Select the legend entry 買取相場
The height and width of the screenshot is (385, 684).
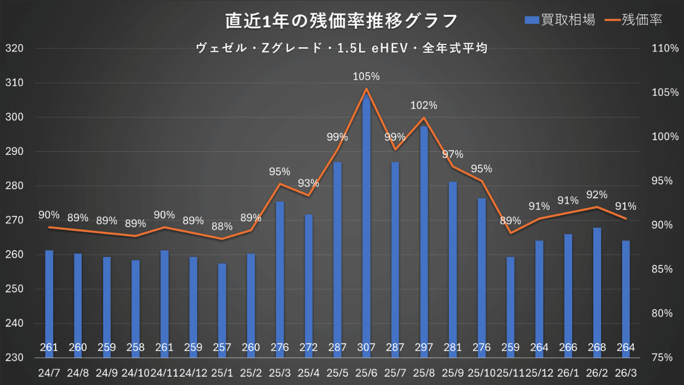pyautogui.click(x=559, y=20)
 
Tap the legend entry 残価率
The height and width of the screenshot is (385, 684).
pyautogui.click(x=634, y=20)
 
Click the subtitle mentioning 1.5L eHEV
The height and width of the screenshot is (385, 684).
pyautogui.click(x=342, y=49)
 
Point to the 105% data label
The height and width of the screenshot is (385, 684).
pyautogui.click(x=366, y=76)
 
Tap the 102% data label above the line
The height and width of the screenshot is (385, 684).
pyautogui.click(x=424, y=105)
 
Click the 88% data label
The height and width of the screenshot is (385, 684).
pyautogui.click(x=222, y=226)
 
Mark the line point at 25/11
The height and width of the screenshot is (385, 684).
pyautogui.click(x=510, y=233)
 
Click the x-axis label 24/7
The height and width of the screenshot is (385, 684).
pyautogui.click(x=49, y=371)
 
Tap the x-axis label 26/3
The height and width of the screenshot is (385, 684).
pyautogui.click(x=625, y=371)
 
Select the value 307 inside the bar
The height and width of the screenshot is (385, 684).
pyautogui.click(x=366, y=348)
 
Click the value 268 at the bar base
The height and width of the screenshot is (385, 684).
pyautogui.click(x=596, y=348)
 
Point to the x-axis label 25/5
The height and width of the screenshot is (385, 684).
pyautogui.click(x=337, y=371)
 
